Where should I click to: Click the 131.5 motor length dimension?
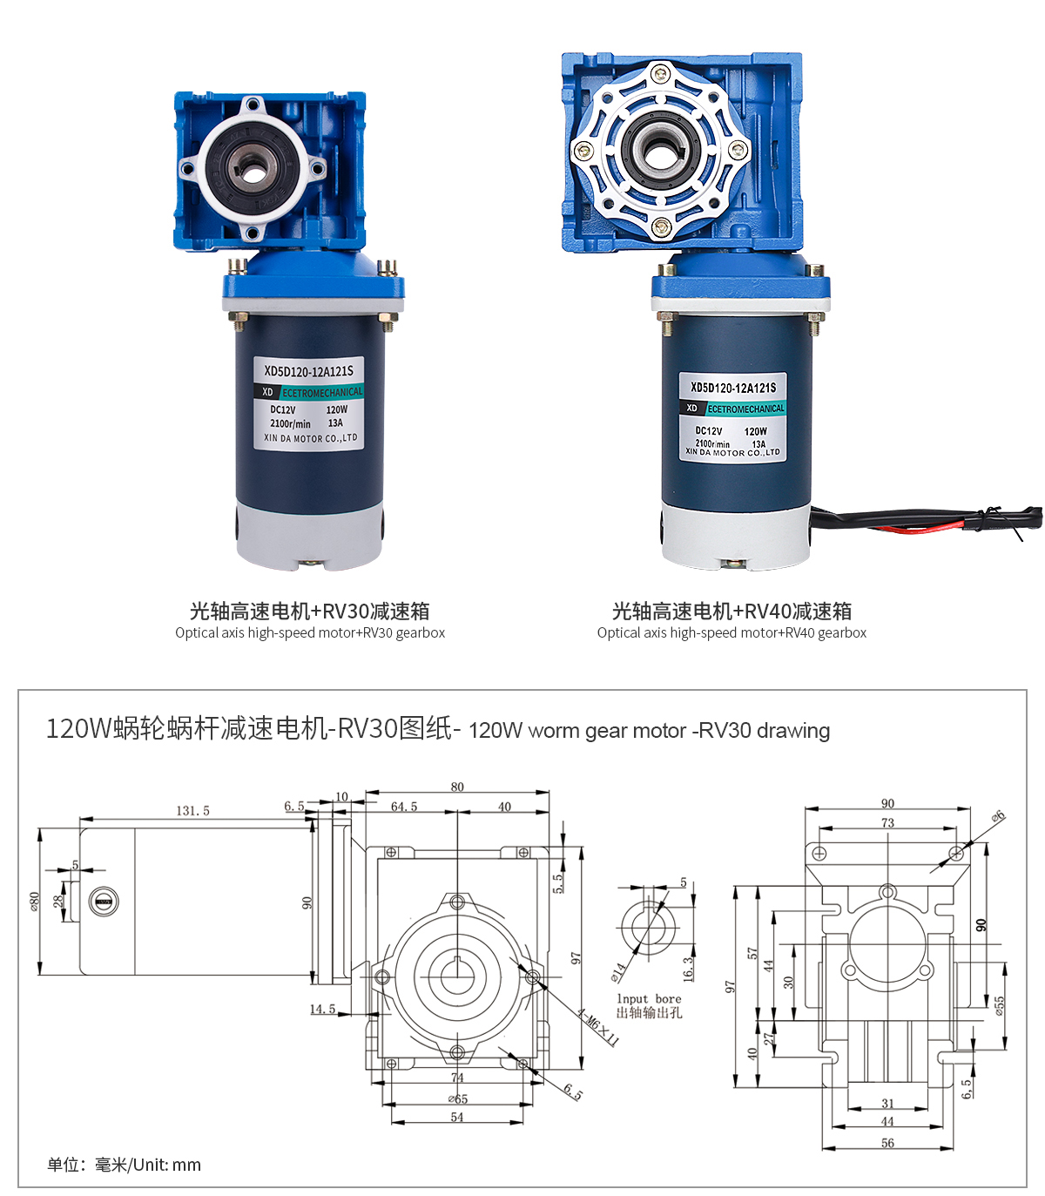192,811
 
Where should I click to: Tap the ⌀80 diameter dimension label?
35,901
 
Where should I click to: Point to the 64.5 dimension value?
404,807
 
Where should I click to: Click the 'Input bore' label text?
649,999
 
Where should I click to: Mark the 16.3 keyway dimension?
689,969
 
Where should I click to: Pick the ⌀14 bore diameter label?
618,972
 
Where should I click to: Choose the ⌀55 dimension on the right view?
1000,1006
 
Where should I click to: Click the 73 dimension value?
887,823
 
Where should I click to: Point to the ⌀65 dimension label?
458,1099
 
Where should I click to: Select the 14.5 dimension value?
322,1009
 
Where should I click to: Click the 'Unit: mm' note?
166,1165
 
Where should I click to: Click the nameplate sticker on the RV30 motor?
308,403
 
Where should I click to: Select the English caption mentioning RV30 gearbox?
310,632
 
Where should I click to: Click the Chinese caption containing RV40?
731,611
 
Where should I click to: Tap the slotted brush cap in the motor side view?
104,901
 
